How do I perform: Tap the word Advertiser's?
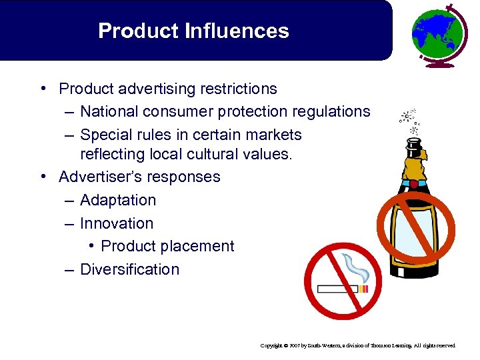click(107, 177)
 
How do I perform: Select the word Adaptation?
click(118, 200)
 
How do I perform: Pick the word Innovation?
click(117, 223)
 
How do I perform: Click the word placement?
click(199, 246)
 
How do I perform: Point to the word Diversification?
click(130, 269)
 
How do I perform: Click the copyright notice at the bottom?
click(358, 346)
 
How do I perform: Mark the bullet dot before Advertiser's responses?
click(42, 177)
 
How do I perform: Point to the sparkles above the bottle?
click(407, 118)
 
